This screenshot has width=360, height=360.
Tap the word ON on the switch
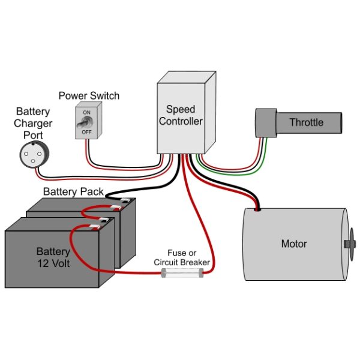tap(86, 113)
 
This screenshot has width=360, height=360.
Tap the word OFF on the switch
tap(86, 132)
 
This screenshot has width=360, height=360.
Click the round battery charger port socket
tap(34, 155)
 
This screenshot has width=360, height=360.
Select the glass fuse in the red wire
tap(182, 273)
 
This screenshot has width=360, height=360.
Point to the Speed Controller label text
tap(181, 115)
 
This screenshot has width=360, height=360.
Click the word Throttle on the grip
tap(307, 122)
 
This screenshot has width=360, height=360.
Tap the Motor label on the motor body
tap(294, 244)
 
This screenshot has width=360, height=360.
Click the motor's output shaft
tap(350, 244)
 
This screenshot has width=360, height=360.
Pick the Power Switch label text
tap(89, 96)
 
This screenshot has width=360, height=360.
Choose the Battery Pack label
tap(73, 192)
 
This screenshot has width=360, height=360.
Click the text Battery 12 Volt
tap(53, 257)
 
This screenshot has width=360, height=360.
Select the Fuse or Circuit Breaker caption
tap(182, 257)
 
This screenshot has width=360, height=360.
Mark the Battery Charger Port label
tap(33, 123)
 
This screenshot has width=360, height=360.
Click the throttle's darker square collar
tap(266, 123)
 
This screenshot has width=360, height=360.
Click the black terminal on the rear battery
tap(125, 200)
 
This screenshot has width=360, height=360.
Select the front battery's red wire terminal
tap(95, 227)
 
